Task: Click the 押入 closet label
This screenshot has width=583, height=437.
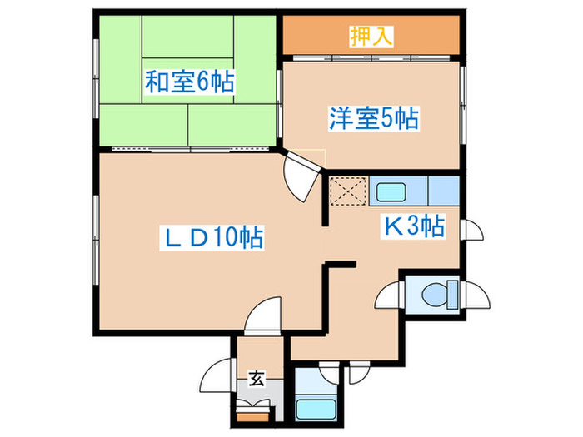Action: coord(371,37)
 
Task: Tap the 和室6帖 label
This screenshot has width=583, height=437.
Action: coord(189,82)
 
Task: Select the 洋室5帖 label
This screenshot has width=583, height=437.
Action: coord(374,118)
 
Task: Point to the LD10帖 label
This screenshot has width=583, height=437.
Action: coord(212,237)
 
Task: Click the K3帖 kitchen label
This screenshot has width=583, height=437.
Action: coord(413,226)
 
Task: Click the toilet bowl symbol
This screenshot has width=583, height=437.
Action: coord(434,295)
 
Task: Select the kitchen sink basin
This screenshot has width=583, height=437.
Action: coord(391,192)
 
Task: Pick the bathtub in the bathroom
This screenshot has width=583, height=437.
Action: coord(316,410)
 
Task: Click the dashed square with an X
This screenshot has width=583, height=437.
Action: coord(348,191)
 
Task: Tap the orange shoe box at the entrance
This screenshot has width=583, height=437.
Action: coord(253,416)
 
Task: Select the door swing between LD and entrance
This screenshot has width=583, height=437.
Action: coord(263,315)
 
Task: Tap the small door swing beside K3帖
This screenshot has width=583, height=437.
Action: coord(472,230)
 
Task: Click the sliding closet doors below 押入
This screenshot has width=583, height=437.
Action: coord(371,58)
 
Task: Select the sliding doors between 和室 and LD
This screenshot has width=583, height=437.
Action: coord(190,149)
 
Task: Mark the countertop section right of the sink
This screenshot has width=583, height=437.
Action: coord(444,191)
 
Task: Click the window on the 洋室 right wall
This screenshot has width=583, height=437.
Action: coord(462,105)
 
